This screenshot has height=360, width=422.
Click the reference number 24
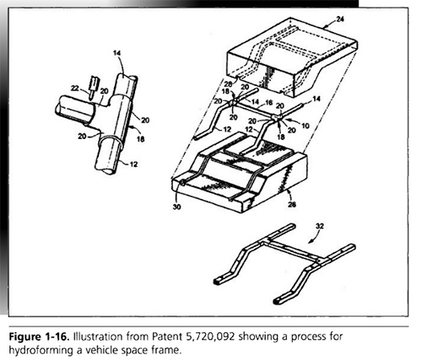[x=340, y=19]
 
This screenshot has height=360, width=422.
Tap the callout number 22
[x=75, y=89]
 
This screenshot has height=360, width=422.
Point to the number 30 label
[x=176, y=207]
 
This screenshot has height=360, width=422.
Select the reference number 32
[x=319, y=226]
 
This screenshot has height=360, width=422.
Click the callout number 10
[x=306, y=126]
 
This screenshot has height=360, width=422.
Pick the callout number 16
[x=269, y=102]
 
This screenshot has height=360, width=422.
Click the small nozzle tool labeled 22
[x=93, y=86]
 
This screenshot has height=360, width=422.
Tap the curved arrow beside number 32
[x=313, y=239]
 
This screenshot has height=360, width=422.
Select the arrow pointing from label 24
[x=329, y=25]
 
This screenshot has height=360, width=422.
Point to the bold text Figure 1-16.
[x=39, y=336]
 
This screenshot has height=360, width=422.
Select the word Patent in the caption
[x=168, y=336]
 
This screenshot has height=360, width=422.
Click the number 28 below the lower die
[x=292, y=204]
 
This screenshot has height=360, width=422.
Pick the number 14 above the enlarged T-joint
[x=117, y=52]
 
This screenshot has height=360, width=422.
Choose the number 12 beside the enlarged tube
[x=133, y=164]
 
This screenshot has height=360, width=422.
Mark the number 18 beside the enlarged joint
[x=140, y=138]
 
